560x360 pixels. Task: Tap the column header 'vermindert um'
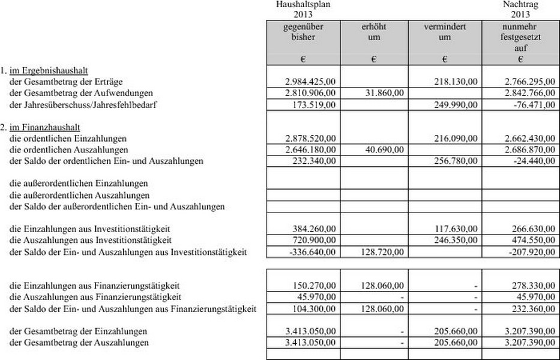pos(445,32)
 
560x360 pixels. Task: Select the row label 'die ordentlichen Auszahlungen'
pos(69,149)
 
